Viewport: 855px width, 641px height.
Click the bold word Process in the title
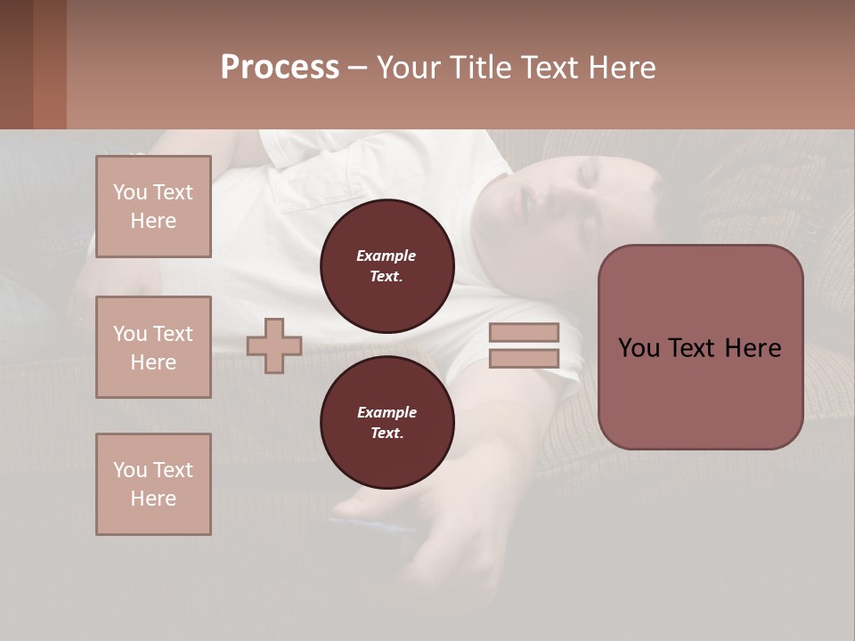(280, 68)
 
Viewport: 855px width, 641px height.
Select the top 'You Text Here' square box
(153, 207)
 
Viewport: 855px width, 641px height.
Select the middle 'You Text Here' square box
(153, 347)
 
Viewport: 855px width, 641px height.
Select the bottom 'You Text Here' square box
(153, 484)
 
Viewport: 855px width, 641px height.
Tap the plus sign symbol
(274, 345)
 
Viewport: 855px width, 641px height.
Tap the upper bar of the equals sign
(524, 332)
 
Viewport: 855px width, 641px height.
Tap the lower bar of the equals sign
(524, 358)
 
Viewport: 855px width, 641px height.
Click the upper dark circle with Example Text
(387, 266)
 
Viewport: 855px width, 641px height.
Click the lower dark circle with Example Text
(387, 423)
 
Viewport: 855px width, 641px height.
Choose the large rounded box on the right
(700, 347)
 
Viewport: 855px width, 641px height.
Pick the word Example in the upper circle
(387, 256)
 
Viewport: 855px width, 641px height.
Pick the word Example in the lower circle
(387, 412)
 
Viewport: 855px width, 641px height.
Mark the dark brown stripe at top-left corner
(16, 64)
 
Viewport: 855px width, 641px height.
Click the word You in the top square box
(130, 192)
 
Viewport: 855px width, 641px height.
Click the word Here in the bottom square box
(153, 499)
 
